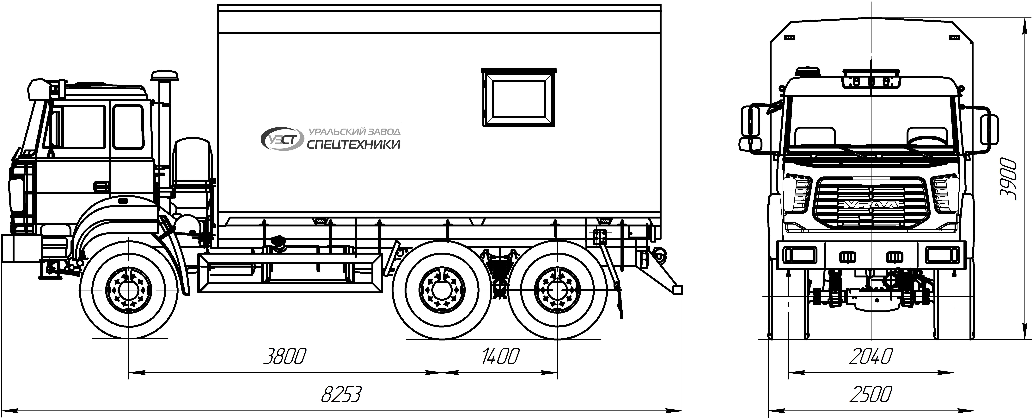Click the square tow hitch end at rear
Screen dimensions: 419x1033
pyautogui.click(x=678, y=290)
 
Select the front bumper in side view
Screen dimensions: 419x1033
pyautogui.click(x=21, y=249)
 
